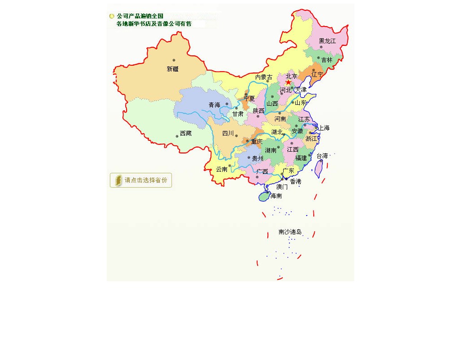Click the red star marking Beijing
click(x=289, y=82)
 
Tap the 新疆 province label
click(x=173, y=69)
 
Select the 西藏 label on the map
click(x=185, y=133)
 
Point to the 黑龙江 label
click(x=327, y=41)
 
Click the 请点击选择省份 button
click(x=141, y=180)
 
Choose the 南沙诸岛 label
click(x=290, y=232)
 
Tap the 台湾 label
click(x=322, y=156)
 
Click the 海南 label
click(x=276, y=196)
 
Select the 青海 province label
click(x=214, y=105)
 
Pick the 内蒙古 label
click(x=263, y=77)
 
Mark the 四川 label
click(x=228, y=133)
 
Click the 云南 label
click(x=221, y=169)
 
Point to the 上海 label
click(x=324, y=128)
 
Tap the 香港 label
click(x=295, y=181)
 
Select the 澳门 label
click(x=282, y=187)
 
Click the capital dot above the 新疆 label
click(x=174, y=60)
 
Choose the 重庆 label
click(x=257, y=141)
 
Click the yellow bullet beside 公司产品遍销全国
click(x=112, y=16)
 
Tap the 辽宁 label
click(x=317, y=74)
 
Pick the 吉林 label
click(x=327, y=60)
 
